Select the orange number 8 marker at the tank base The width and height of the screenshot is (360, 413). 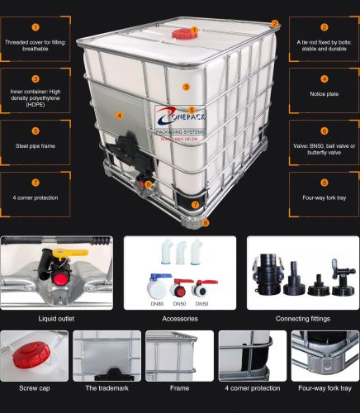click(206, 222)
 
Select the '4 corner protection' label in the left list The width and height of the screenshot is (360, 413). click(35, 197)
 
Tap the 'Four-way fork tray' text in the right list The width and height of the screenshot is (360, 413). click(324, 197)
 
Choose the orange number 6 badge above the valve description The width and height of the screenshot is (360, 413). click(324, 131)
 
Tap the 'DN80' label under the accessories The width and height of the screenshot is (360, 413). click(154, 303)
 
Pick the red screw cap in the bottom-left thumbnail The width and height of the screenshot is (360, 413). click(31, 356)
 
